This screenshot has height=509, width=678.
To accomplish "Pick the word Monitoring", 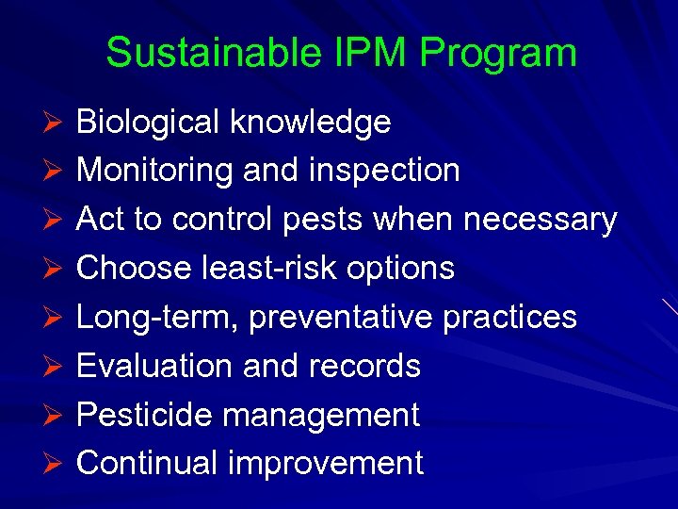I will pos(155,171).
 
